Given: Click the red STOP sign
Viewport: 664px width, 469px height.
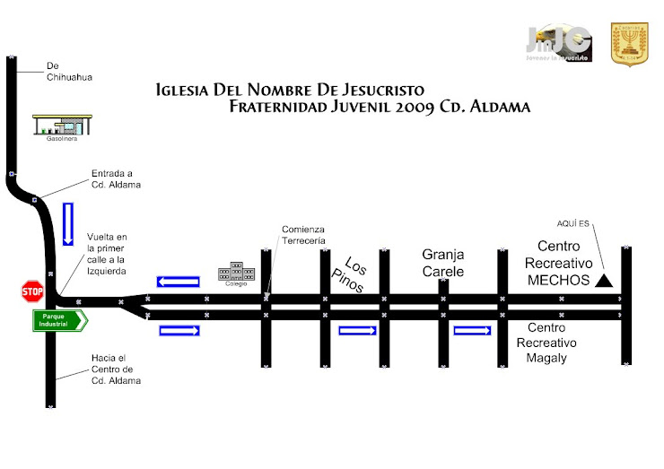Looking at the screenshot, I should pyautogui.click(x=32, y=291).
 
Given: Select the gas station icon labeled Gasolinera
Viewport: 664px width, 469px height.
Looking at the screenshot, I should pyautogui.click(x=60, y=125).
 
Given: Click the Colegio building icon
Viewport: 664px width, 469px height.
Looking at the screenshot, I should pyautogui.click(x=236, y=272).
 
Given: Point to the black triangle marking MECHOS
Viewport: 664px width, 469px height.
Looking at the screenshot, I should pyautogui.click(x=604, y=281).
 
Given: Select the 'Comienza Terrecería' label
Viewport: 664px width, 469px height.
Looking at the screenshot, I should pyautogui.click(x=303, y=235).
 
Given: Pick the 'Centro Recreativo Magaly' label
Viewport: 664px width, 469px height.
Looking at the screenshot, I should pyautogui.click(x=546, y=343).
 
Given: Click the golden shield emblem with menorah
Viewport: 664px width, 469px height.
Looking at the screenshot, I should pyautogui.click(x=629, y=44).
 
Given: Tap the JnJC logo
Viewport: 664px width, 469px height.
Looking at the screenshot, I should pyautogui.click(x=558, y=42).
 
